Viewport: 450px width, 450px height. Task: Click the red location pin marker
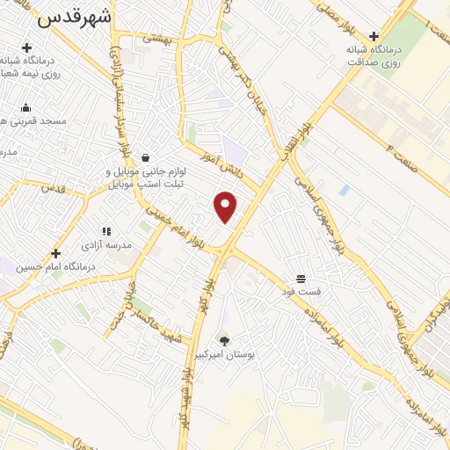click(x=226, y=206)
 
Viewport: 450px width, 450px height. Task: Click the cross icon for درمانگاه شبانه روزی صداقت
click(x=374, y=36)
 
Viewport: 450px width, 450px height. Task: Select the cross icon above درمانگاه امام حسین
click(x=56, y=252)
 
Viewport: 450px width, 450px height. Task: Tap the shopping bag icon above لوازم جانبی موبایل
click(x=143, y=158)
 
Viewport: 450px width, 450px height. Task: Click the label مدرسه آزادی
click(x=106, y=245)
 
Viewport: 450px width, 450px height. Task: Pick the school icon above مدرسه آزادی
click(x=106, y=231)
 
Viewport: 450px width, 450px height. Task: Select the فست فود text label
click(x=301, y=290)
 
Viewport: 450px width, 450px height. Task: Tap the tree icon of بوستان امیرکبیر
click(x=224, y=340)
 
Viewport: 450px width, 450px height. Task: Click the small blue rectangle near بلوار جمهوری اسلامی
click(x=344, y=190)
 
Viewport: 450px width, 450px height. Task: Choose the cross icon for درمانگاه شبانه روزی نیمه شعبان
click(x=26, y=47)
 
